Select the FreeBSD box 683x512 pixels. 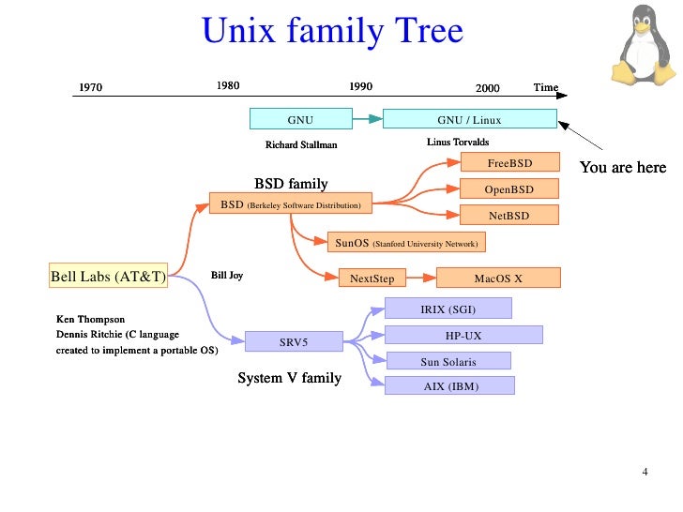[509, 163]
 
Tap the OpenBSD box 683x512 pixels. [509, 189]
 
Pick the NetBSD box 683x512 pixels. [509, 216]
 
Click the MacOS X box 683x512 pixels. [498, 279]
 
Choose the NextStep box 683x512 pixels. [372, 279]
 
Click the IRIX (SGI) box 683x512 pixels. [448, 309]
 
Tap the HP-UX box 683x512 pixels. [463, 335]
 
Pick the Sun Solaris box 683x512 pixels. [448, 361]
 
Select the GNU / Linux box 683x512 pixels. [469, 120]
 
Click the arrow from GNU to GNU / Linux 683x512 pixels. [368, 119]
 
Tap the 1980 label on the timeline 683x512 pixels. [228, 86]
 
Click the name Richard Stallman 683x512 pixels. [301, 145]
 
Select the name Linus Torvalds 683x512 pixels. [458, 143]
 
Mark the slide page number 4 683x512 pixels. [645, 471]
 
